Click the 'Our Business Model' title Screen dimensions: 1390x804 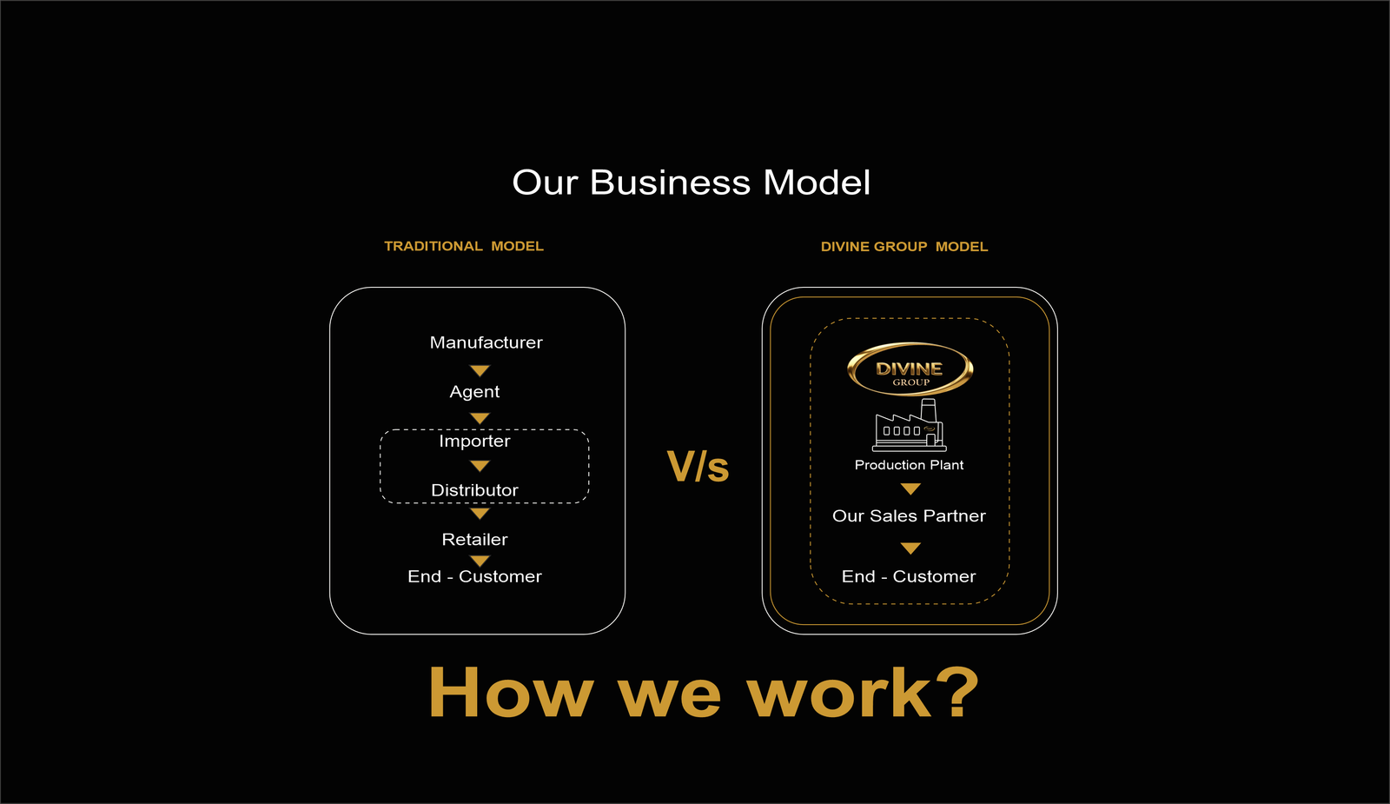pyautogui.click(x=692, y=183)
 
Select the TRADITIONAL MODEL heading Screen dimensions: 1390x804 pyautogui.click(x=464, y=247)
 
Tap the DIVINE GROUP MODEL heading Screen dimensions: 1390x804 pyautogui.click(x=904, y=247)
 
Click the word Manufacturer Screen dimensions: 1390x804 pyautogui.click(x=486, y=342)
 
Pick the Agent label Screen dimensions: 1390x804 pyautogui.click(x=474, y=392)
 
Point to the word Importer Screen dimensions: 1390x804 pyautogui.click(x=474, y=442)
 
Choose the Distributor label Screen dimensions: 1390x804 pyautogui.click(x=474, y=490)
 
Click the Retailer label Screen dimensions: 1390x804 pyautogui.click(x=474, y=540)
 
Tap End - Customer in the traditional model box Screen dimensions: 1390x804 pyautogui.click(x=474, y=577)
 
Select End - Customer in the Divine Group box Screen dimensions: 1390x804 pyautogui.click(x=909, y=577)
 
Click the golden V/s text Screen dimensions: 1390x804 pyautogui.click(x=698, y=467)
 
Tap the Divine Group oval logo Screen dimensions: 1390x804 pyautogui.click(x=910, y=369)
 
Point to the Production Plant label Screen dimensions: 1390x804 pyautogui.click(x=909, y=465)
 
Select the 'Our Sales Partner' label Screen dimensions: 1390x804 pyautogui.click(x=909, y=516)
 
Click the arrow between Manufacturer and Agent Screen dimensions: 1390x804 pyautogui.click(x=480, y=370)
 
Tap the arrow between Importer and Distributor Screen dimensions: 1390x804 pyautogui.click(x=480, y=466)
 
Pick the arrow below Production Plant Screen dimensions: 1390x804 pyautogui.click(x=910, y=489)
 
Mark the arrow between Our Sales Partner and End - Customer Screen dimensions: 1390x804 pyautogui.click(x=910, y=548)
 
